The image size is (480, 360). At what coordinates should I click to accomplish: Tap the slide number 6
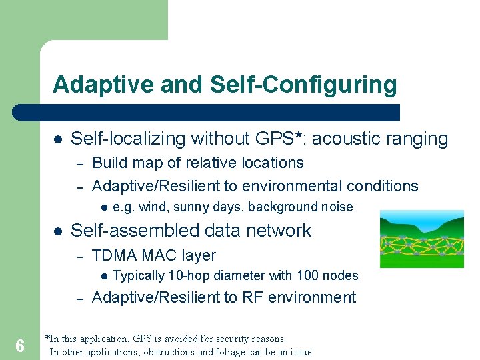(x=20, y=346)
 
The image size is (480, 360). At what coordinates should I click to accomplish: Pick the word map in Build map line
(x=147, y=163)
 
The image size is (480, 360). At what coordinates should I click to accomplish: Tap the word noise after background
(x=337, y=207)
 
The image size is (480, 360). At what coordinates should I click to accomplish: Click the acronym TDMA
(x=113, y=255)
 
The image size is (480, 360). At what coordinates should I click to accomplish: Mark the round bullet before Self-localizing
(x=57, y=139)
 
